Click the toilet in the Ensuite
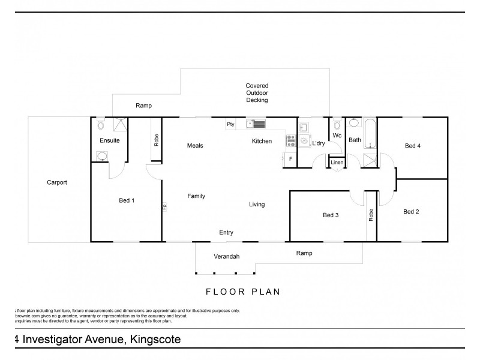[100, 125]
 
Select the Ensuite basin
[103, 157]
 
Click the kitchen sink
[255, 125]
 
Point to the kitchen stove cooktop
[290, 141]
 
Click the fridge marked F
[290, 159]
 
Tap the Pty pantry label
[230, 125]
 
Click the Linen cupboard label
[337, 163]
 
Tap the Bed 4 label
[413, 146]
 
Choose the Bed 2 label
[411, 211]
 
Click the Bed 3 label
[331, 215]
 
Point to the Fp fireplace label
[164, 207]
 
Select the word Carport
[57, 182]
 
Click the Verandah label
[227, 256]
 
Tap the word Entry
[226, 233]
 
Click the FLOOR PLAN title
[243, 292]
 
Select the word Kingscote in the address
[154, 340]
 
